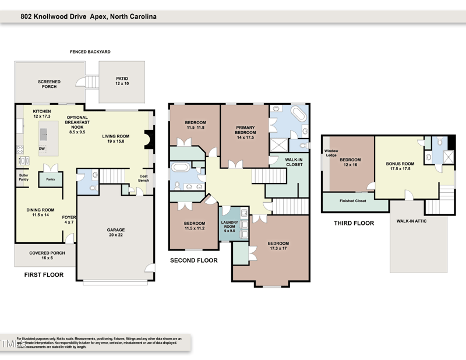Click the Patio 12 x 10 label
pos(122,81)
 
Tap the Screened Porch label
pos(49,84)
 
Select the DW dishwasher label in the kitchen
pos(42,149)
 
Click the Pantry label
pos(51,180)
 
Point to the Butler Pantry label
pos(23,178)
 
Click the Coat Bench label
pos(143,178)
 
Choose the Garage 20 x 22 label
pos(116,232)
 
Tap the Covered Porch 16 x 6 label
pos(47,255)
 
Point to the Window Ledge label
pos(331,153)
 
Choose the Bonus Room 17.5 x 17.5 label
pos(400,166)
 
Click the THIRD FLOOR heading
pos(354,223)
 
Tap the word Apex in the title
pos(98,17)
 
